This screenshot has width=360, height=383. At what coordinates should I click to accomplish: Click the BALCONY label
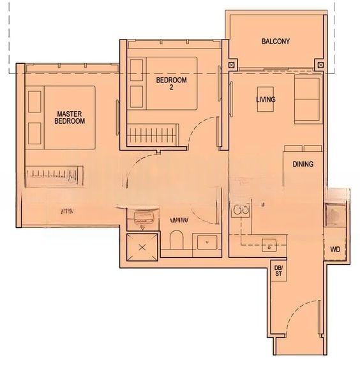pos(276,41)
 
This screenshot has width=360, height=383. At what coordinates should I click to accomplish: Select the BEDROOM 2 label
pos(172,84)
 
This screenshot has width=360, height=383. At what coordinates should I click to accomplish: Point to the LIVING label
pos(266,100)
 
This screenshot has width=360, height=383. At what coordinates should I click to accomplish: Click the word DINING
pos(303,164)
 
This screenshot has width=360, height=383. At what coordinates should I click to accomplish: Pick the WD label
pos(335,250)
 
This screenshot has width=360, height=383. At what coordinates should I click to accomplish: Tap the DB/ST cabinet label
pos(278,270)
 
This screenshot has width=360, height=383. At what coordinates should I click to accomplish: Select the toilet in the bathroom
pos(177,241)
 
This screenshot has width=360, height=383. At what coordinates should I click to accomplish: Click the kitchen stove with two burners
pos(241,210)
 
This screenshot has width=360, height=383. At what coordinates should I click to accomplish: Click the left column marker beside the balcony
pos(232,65)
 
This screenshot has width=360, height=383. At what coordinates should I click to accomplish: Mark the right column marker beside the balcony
pos(319,65)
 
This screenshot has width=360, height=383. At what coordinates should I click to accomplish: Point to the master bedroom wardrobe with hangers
pos(54,174)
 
